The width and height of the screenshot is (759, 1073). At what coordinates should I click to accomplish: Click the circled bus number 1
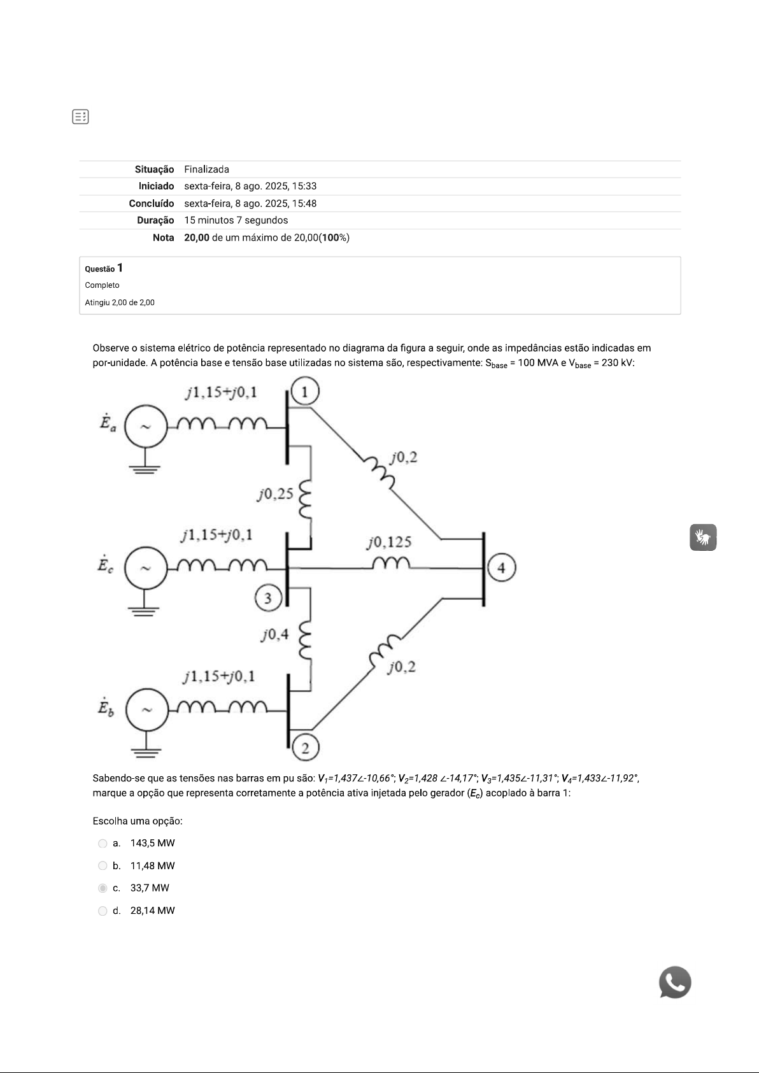305,392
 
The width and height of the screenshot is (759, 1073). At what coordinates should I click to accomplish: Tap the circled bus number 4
502,567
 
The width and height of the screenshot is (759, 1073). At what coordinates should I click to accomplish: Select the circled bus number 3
268,598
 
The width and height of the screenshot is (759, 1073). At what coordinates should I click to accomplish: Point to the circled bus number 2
306,748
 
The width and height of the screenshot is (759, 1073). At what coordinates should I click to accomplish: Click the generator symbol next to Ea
146,427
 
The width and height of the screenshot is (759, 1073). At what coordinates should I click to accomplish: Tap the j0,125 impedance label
389,543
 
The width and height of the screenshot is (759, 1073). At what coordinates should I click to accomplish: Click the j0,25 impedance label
275,494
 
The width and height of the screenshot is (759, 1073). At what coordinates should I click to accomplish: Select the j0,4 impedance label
274,634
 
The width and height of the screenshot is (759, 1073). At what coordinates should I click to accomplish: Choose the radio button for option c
103,888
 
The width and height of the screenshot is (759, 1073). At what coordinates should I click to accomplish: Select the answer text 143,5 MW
152,843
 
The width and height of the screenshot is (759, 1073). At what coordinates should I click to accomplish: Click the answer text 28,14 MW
152,911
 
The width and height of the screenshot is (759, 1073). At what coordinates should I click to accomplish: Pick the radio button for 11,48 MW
103,866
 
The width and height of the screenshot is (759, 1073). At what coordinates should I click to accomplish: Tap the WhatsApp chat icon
675,983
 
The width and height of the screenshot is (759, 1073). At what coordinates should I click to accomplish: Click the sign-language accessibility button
703,537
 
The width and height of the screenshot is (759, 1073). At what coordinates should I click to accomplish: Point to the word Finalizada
206,169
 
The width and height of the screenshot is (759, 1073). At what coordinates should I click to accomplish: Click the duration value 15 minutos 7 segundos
236,220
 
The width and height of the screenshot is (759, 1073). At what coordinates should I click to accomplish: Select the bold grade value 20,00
197,238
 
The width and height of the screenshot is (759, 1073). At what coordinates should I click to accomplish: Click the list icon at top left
80,117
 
